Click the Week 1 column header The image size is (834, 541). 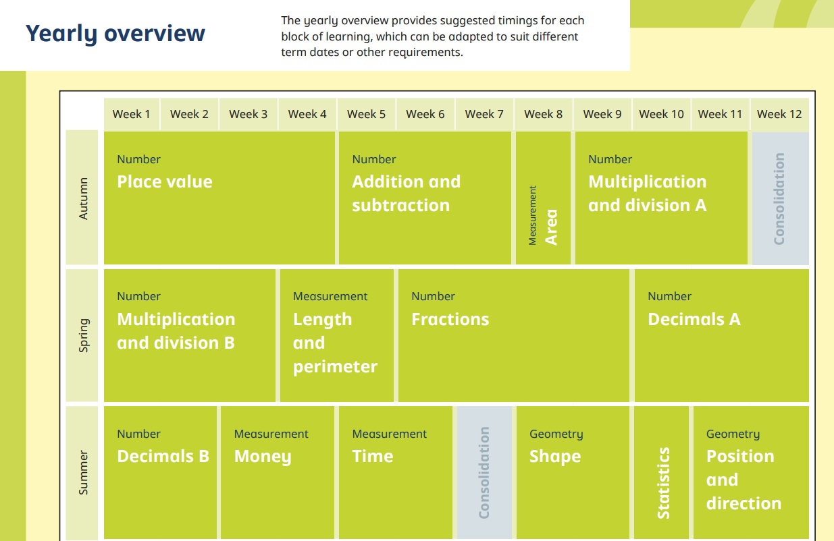131,114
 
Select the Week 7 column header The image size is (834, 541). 484,114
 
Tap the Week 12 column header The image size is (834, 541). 779,114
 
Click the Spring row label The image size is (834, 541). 84,335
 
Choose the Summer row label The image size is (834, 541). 84,473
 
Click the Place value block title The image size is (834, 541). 165,182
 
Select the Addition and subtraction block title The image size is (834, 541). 407,194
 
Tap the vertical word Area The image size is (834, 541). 551,227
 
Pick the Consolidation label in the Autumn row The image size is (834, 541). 779,198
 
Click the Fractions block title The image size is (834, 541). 450,319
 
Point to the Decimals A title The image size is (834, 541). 694,319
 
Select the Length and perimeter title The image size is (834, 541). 335,343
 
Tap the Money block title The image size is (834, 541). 263,457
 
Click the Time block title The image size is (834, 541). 372,456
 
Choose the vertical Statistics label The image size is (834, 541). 663,483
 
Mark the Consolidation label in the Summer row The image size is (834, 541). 484,473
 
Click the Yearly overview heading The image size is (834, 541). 115,34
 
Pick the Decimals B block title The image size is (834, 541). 163,456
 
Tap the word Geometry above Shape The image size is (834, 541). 556,434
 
